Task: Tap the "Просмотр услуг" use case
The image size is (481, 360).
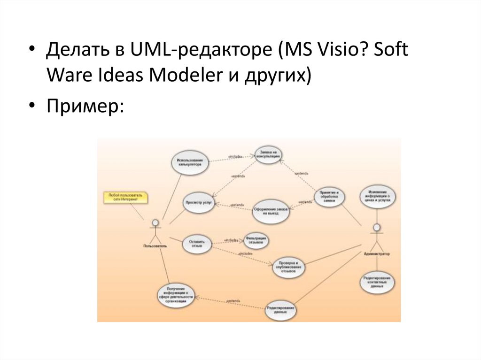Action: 199,203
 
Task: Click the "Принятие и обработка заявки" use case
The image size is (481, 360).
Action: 329,196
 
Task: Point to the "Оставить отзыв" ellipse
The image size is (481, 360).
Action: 196,243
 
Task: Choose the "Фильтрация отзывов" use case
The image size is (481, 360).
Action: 256,241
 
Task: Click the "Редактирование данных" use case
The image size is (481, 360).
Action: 281,310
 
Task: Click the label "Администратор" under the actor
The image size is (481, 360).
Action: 377,254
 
